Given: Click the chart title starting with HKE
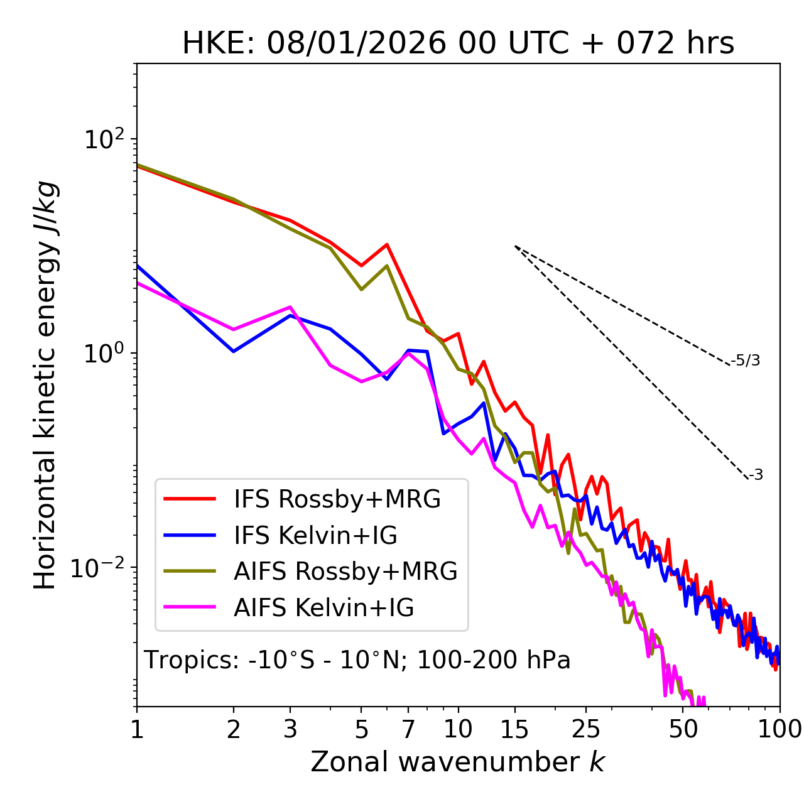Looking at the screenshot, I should [458, 44].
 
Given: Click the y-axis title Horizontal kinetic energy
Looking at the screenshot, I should [45, 385].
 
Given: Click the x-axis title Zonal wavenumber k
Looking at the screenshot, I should [458, 762].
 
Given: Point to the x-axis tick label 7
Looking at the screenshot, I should [408, 729].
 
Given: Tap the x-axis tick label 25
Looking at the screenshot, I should [586, 729].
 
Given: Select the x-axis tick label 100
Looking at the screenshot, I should [780, 729].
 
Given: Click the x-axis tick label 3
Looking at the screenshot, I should [290, 729].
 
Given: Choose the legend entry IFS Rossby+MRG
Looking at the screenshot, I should [337, 499].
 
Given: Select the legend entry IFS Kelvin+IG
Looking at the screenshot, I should [315, 535].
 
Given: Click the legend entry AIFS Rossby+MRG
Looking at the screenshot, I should [345, 572].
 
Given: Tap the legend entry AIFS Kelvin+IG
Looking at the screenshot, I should [323, 607].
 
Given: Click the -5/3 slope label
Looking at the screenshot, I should [746, 361].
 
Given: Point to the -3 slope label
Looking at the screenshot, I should [756, 475].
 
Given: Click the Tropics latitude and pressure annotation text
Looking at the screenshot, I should [357, 661].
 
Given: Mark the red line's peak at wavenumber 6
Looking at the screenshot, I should [387, 244].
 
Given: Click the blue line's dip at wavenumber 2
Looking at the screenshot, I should [234, 351].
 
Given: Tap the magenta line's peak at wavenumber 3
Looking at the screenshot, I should [290, 307].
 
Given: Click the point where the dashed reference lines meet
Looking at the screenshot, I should [515, 246].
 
